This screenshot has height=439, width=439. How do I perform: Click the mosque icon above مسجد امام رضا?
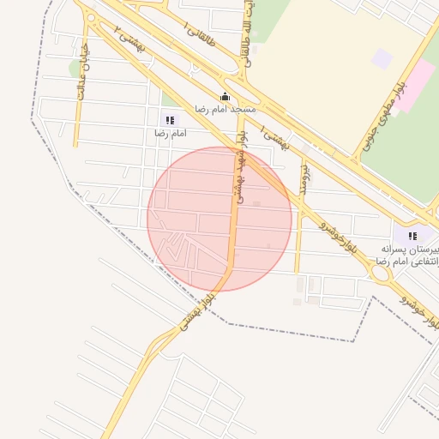pyautogui.click(x=226, y=96)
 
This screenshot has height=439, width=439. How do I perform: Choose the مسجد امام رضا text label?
pyautogui.click(x=226, y=110)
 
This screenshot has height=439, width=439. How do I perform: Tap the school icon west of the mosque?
pyautogui.click(x=169, y=120)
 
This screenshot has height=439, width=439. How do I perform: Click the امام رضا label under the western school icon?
pyautogui.click(x=170, y=134)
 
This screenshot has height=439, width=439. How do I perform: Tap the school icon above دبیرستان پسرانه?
pyautogui.click(x=412, y=235)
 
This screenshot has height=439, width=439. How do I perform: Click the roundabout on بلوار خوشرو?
pyautogui.click(x=380, y=273)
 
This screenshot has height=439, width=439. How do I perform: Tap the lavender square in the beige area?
pyautogui.click(x=382, y=59)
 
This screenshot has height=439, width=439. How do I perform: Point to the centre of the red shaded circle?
pyautogui.click(x=219, y=219)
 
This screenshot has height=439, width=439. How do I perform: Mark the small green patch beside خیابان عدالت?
pyautogui.click(x=75, y=67)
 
